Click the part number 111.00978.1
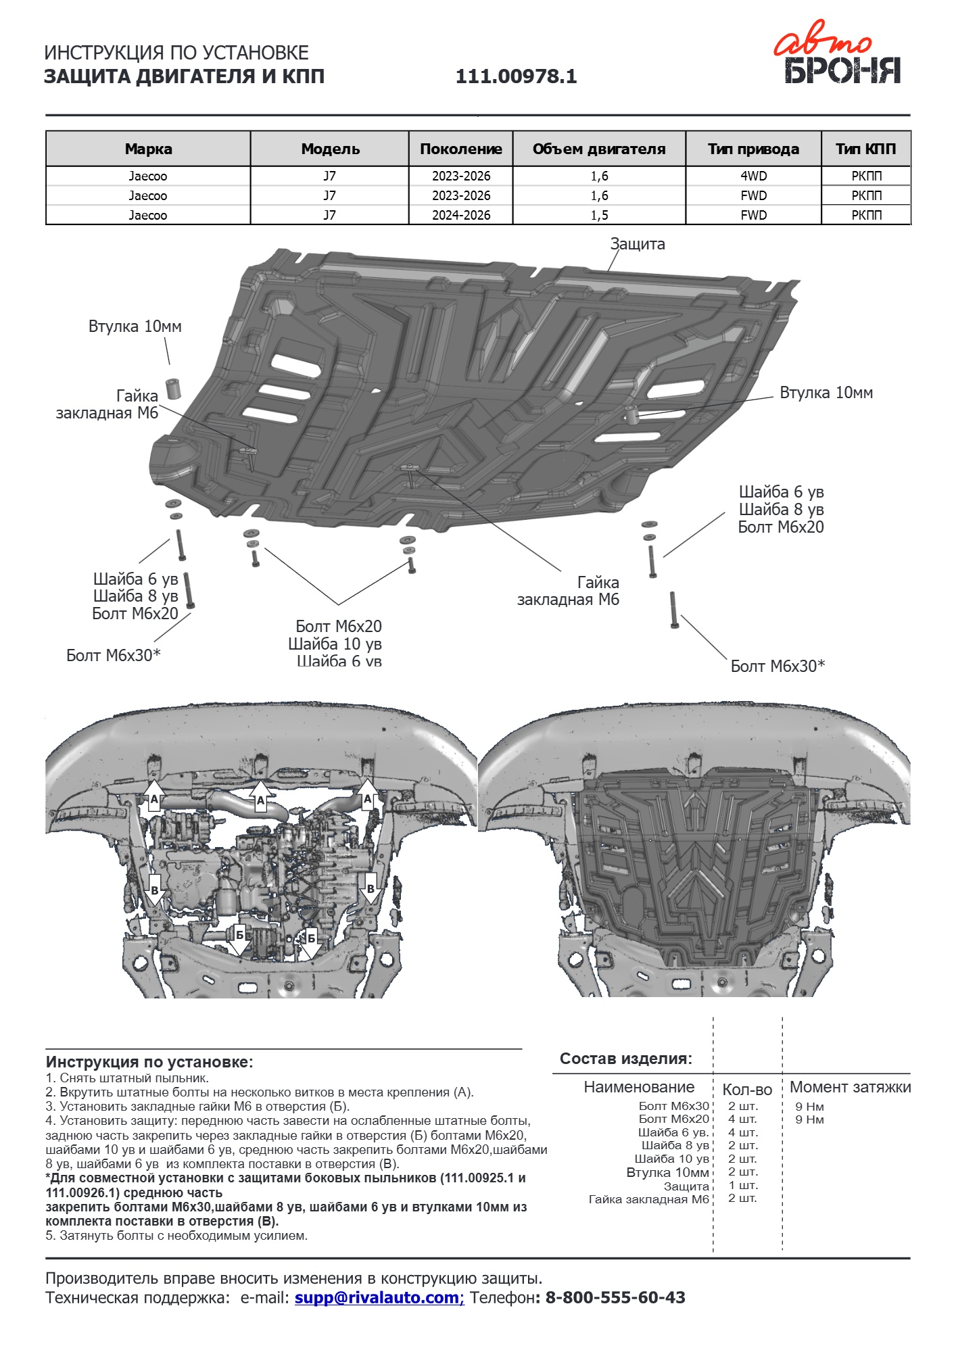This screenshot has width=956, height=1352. (517, 76)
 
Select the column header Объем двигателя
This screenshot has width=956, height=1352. (599, 149)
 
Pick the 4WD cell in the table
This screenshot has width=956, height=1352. (754, 176)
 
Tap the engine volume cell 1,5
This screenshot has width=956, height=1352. (599, 215)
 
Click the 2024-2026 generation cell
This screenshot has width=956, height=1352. (461, 215)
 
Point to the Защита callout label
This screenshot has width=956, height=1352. (638, 244)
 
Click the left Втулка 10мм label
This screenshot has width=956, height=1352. (135, 327)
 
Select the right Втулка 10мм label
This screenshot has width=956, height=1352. (826, 393)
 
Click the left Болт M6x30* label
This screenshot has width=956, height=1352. (114, 655)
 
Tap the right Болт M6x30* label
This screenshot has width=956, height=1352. (778, 666)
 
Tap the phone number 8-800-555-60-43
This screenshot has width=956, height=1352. (615, 1297)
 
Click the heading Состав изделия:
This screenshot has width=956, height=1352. (626, 1059)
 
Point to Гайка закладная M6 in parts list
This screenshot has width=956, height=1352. (649, 1199)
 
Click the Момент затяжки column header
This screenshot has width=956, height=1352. (851, 1087)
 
